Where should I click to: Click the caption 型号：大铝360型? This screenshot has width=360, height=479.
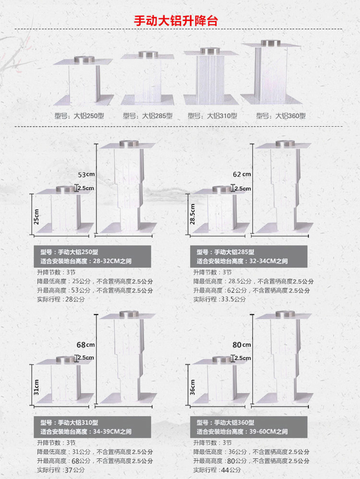coord(281,116)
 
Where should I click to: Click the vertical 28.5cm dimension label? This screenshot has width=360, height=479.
coord(192,214)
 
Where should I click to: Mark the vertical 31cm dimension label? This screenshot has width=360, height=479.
coord(36,386)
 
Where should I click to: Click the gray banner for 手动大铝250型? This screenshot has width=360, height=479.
coord(92,256)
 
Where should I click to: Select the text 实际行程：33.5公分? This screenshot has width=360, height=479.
coord(219,299)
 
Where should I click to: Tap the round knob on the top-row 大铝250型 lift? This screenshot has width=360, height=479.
coord(85,60)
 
